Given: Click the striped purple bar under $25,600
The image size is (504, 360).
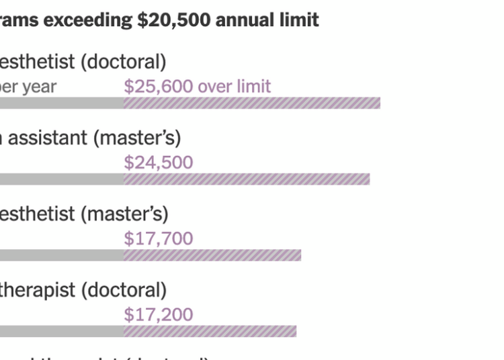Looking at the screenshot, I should [252, 103].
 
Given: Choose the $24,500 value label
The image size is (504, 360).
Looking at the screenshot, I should [158, 163].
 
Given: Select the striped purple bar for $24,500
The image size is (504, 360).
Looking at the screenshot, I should [247, 179].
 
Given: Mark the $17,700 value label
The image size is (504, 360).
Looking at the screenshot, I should [158, 238].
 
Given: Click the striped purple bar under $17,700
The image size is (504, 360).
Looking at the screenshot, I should [212, 255].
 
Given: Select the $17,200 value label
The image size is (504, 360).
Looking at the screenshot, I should [158, 314].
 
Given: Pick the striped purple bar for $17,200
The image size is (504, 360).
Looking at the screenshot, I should [210, 331].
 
